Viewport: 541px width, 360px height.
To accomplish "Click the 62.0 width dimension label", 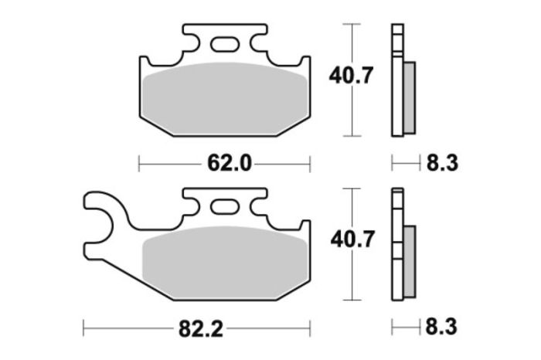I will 224,163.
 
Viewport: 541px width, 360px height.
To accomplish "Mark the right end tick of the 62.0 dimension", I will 310,163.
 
